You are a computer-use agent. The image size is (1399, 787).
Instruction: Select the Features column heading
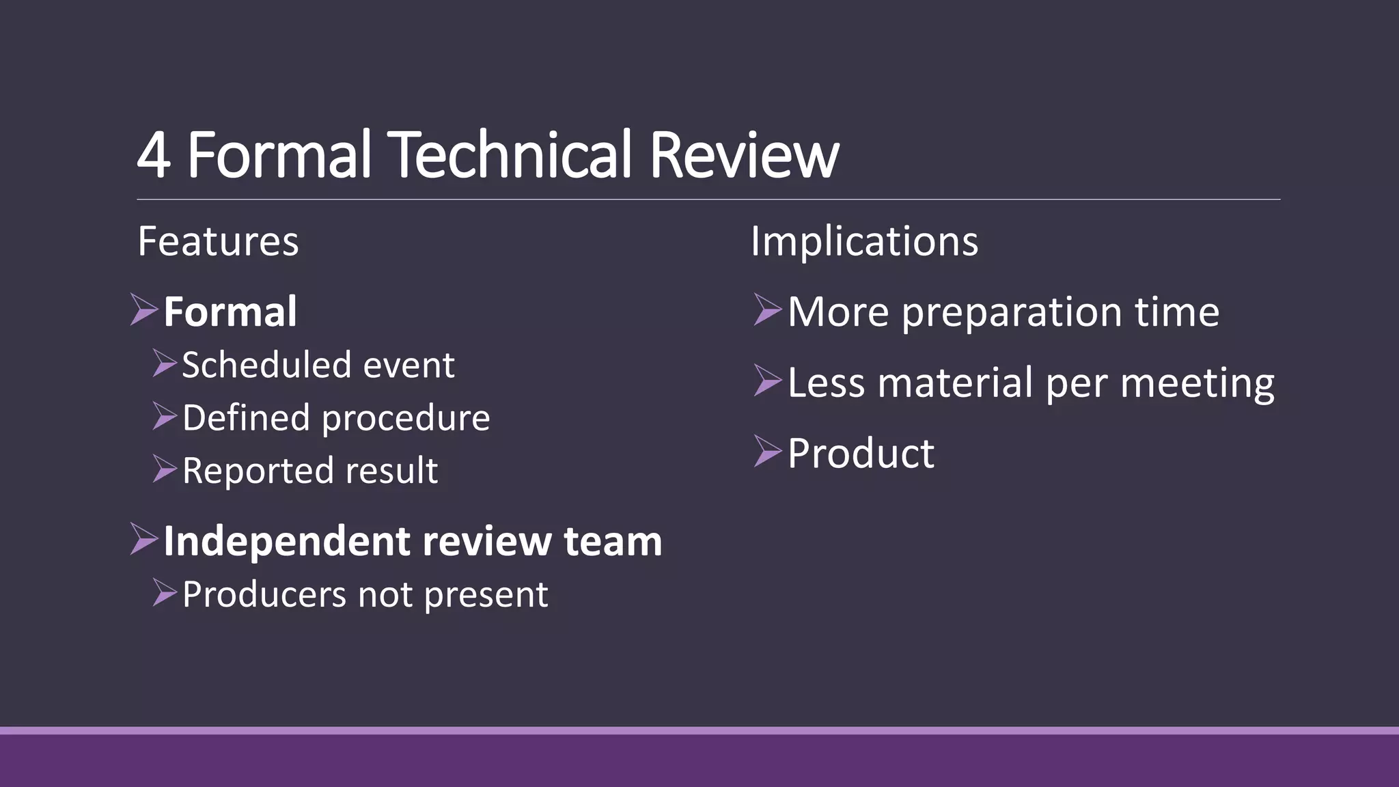coord(218,241)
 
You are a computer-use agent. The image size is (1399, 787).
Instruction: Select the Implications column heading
coord(864,241)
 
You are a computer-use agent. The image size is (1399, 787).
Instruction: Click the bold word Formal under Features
coord(230,312)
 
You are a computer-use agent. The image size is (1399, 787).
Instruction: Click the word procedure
coord(406,418)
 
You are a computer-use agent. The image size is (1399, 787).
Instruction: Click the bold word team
coord(613,541)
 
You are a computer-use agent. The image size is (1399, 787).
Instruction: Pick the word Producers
coord(264,594)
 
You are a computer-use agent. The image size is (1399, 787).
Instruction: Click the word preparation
coord(1012,313)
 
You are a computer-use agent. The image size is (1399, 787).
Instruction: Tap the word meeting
coord(1197,384)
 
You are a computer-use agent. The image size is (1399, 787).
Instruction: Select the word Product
coord(861,453)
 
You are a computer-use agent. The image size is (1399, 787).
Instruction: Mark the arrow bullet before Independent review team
coord(143,539)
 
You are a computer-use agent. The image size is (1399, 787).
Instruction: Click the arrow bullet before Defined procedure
coord(165,416)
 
